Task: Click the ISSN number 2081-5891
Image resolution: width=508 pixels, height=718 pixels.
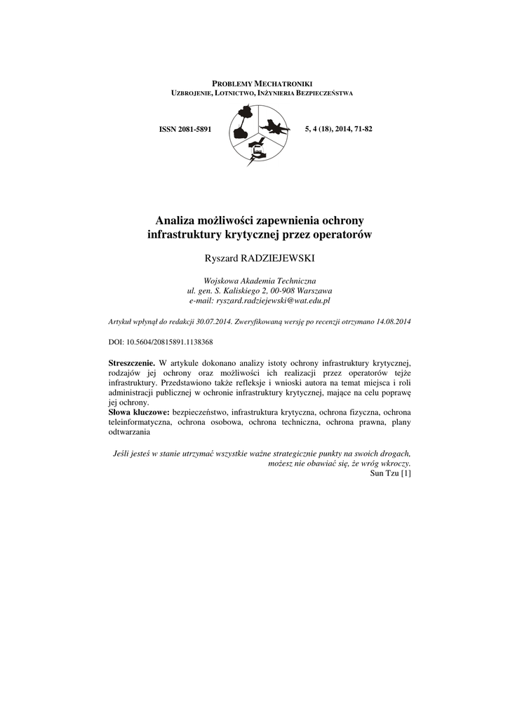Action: click(196, 130)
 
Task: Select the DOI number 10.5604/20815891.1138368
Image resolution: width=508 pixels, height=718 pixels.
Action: click(168, 342)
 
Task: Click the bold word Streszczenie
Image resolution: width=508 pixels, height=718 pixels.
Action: click(132, 363)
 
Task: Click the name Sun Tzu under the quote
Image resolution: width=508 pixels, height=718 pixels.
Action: click(383, 473)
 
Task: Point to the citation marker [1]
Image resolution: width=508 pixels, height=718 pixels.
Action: click(405, 473)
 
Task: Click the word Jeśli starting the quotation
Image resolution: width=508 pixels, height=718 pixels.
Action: click(123, 454)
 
